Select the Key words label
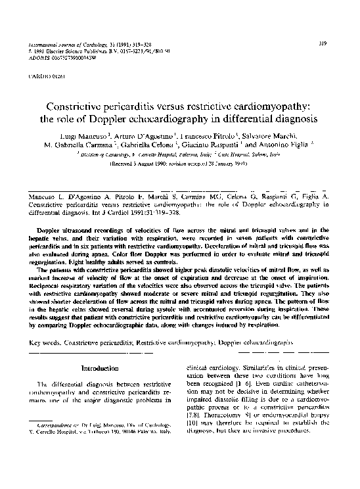[49, 342]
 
